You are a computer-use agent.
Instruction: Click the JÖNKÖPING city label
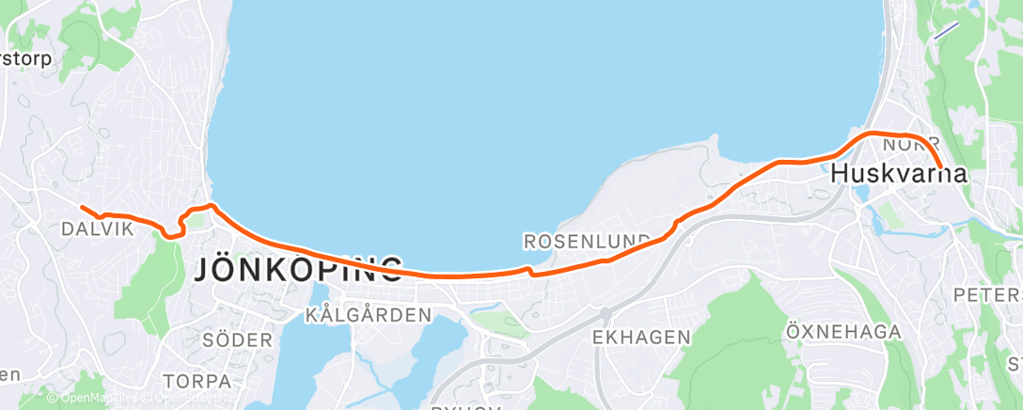coord(298,270)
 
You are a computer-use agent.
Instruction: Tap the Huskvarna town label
coord(900,174)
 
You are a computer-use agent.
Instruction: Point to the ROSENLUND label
coord(587,242)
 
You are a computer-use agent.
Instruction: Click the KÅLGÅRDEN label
coord(369,315)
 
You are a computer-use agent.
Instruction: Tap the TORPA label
coord(197,381)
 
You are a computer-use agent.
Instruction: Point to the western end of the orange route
coord(82,207)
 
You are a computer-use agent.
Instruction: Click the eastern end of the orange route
coord(940,167)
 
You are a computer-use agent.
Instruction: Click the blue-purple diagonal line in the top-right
coord(945,30)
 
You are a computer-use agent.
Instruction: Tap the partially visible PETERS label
coord(987,295)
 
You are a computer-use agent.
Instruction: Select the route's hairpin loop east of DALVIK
coord(172,231)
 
